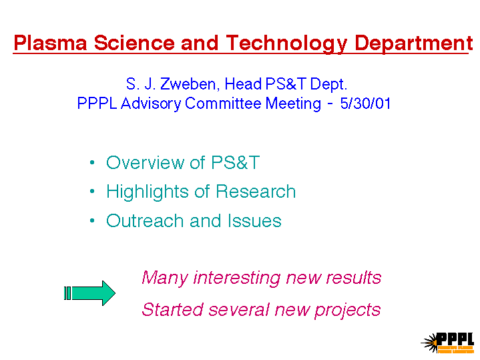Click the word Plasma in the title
pos(51,43)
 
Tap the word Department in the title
pos(414,43)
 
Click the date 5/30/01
pos(366,104)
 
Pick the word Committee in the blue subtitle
pos(223,104)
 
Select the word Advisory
pos(151,104)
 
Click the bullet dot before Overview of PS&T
pos(92,162)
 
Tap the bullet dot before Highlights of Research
pos(92,192)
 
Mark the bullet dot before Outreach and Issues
pos(92,220)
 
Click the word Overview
pos(145,162)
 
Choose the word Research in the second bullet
pos(256,192)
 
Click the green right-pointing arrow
pos(89,293)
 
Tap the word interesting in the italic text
pos(237,279)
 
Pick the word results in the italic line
pos(354,278)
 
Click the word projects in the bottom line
pos(347,311)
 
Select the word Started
pos(173,309)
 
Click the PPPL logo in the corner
pos(447,343)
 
